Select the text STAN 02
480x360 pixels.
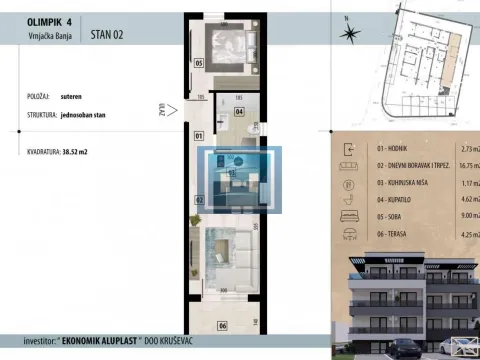(107, 33)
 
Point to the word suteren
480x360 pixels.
(74, 99)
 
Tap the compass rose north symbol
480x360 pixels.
(349, 32)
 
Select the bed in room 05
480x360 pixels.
(231, 50)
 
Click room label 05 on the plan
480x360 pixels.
(198, 63)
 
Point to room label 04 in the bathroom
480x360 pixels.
(239, 112)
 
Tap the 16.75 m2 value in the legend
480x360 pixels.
(466, 165)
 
